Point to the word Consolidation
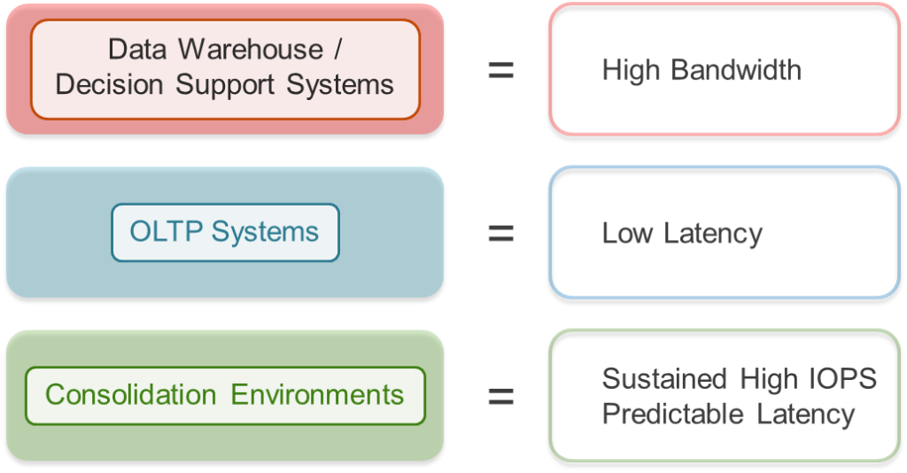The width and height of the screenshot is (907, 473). [130, 394]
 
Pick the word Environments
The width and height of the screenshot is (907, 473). [317, 394]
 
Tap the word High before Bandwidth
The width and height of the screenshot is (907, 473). [630, 70]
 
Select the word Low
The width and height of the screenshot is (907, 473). [625, 233]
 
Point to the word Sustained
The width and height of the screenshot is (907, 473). [665, 379]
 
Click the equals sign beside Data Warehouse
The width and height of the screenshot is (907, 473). [501, 70]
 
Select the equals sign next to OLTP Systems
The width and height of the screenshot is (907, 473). [501, 233]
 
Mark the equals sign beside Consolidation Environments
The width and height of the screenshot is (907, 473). [501, 396]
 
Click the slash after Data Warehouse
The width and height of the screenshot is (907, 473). [337, 50]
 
